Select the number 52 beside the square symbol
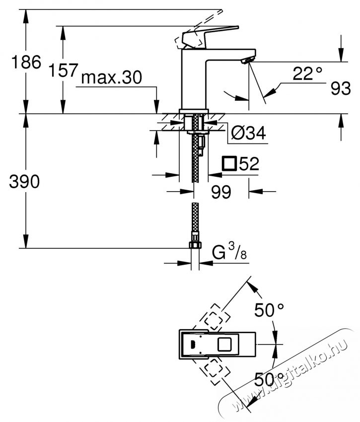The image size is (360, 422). click(249, 164)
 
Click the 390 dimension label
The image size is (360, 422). click(24, 182)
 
